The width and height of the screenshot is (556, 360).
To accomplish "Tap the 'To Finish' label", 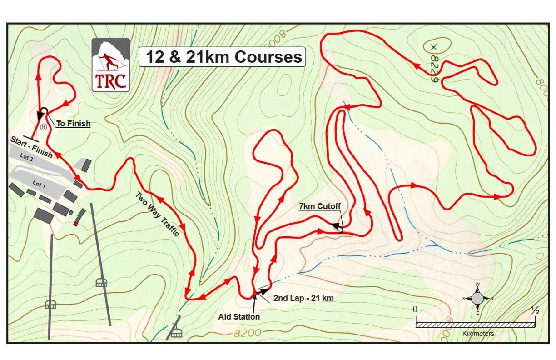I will click(x=73, y=123).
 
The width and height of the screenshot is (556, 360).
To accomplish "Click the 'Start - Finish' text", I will click(x=31, y=147).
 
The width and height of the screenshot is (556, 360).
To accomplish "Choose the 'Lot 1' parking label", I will click(x=39, y=184).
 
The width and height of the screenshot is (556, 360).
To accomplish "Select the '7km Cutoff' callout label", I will click(x=319, y=207).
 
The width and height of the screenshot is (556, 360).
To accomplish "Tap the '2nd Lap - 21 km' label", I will click(x=303, y=299).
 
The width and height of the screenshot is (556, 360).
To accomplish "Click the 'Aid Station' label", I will click(x=239, y=316).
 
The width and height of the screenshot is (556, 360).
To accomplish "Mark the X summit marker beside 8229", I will click(x=433, y=46).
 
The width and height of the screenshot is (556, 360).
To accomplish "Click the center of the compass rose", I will click(x=477, y=299).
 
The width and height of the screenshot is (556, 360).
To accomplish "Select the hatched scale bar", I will click(x=475, y=325).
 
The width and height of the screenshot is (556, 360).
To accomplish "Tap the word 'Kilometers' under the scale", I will click(x=478, y=334).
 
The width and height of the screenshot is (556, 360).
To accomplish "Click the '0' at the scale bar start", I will click(x=415, y=309).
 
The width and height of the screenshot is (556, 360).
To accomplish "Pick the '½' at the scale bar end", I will click(x=535, y=311).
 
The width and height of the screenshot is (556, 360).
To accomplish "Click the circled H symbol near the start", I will click(x=43, y=127).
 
